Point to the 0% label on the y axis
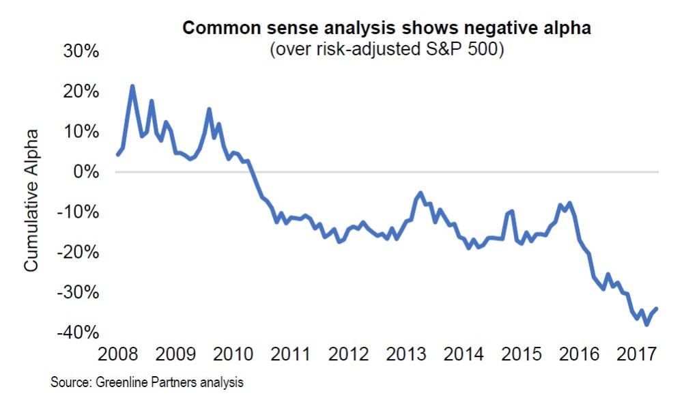pyautogui.click(x=86, y=171)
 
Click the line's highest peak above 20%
pyautogui.click(x=132, y=86)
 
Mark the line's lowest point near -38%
pyautogui.click(x=646, y=324)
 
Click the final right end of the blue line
pyautogui.click(x=657, y=308)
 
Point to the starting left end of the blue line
pyautogui.click(x=117, y=155)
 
